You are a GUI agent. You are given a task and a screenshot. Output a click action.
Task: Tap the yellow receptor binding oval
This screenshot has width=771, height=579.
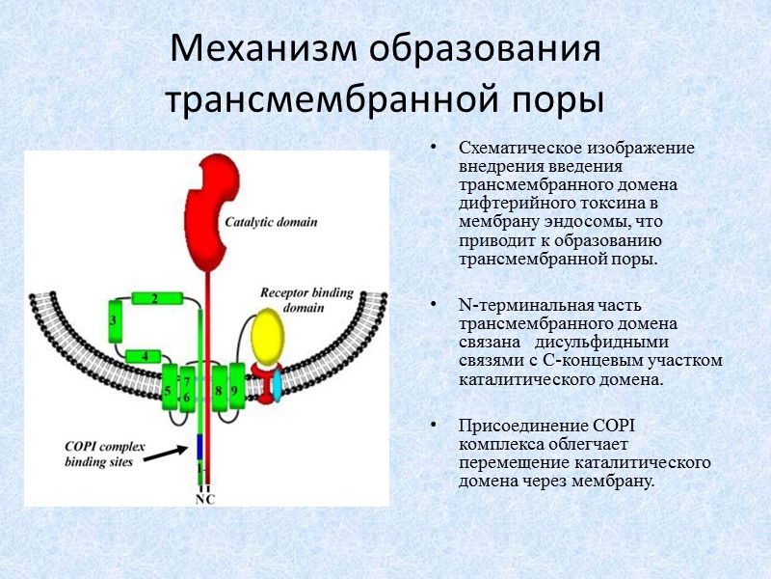(269, 336)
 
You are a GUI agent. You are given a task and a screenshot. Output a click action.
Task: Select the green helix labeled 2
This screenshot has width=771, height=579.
(155, 299)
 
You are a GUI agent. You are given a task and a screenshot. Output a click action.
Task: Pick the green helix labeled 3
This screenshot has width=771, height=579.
(115, 320)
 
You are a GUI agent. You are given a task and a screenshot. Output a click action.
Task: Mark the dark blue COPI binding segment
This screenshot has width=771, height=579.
(199, 447)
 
